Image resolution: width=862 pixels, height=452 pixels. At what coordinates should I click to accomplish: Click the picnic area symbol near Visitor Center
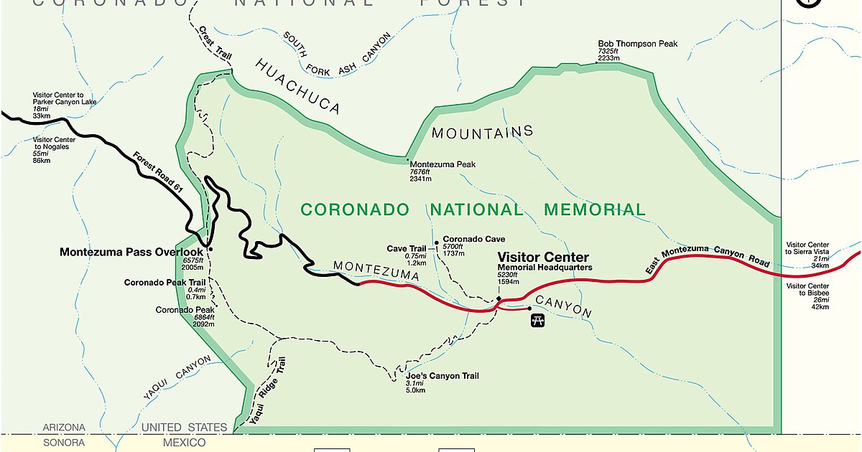pyautogui.click(x=537, y=321)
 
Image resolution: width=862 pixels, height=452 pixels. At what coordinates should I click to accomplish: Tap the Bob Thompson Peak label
pyautogui.click(x=637, y=44)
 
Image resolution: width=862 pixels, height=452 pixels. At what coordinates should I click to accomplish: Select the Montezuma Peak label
pyautogui.click(x=442, y=164)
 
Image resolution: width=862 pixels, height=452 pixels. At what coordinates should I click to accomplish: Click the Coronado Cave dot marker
pyautogui.click(x=436, y=243)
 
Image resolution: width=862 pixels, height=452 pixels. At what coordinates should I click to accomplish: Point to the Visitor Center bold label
pyautogui.click(x=543, y=257)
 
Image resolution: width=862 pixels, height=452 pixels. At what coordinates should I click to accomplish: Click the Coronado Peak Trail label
pyautogui.click(x=164, y=283)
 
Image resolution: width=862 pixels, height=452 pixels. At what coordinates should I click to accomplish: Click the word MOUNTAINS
pyautogui.click(x=482, y=132)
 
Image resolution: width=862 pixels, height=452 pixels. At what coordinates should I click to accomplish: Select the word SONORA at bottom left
pyautogui.click(x=64, y=443)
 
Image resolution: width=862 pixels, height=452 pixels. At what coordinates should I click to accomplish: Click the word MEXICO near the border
pyautogui.click(x=184, y=443)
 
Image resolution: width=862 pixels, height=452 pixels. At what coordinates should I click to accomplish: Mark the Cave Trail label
pyautogui.click(x=407, y=248)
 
